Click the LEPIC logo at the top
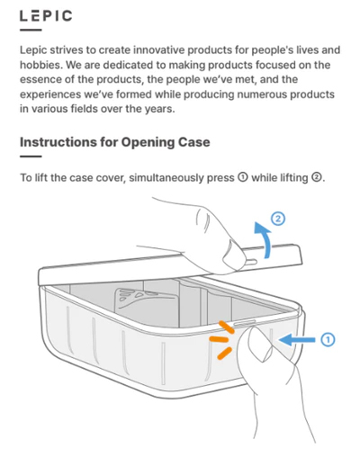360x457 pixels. [46, 16]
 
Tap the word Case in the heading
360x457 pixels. [194, 142]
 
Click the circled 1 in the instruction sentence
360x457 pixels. [243, 177]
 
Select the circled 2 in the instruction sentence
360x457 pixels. [316, 177]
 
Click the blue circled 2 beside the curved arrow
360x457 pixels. [278, 219]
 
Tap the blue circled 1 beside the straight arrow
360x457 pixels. [328, 340]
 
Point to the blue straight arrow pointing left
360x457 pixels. [297, 340]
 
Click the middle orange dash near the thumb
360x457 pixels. [219, 339]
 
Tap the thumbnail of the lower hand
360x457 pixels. [260, 344]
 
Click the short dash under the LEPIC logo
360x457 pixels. [31, 30]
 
